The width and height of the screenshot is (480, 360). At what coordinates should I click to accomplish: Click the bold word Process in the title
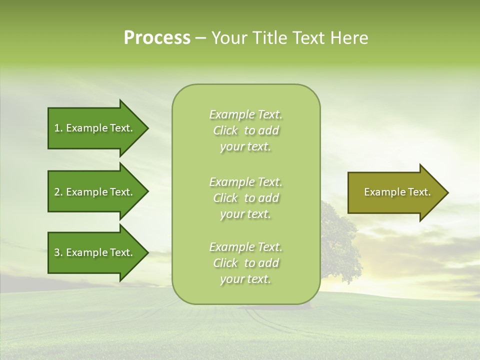(x=157, y=38)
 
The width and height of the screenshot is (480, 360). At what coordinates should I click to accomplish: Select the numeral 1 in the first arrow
(x=56, y=128)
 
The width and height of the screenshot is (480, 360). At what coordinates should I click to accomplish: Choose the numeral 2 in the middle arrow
(x=56, y=192)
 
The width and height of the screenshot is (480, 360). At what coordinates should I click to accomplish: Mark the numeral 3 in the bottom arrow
(x=56, y=252)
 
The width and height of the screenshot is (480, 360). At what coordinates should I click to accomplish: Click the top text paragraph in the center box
(x=246, y=130)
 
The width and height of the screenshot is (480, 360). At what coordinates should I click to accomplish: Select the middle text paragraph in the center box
(x=246, y=198)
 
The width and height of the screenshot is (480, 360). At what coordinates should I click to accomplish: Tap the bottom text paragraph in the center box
(x=246, y=263)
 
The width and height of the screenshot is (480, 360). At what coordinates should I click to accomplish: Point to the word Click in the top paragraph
(x=225, y=130)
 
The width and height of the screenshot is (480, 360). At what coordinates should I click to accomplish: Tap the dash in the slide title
(x=200, y=38)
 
